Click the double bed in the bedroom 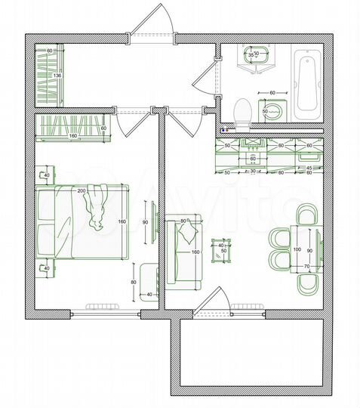click(83, 224)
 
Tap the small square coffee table click(221, 252)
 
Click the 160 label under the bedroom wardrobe click(73, 137)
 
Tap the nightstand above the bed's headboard click(45, 176)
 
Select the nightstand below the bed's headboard click(45, 267)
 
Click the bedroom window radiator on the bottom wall click(104, 306)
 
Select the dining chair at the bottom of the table click(308, 284)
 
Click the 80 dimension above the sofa click(183, 221)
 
